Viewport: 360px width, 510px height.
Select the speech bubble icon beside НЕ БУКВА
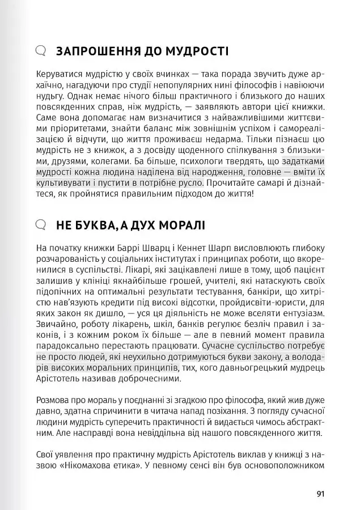40,225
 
